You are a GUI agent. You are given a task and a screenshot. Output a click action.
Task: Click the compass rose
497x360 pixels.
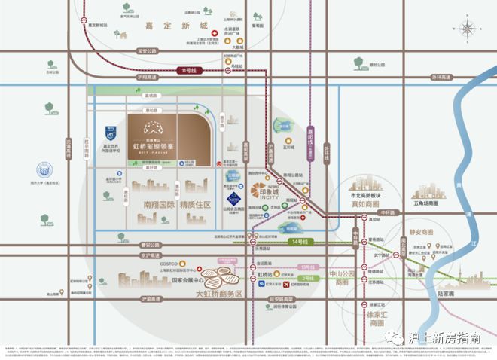point(468,31)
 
